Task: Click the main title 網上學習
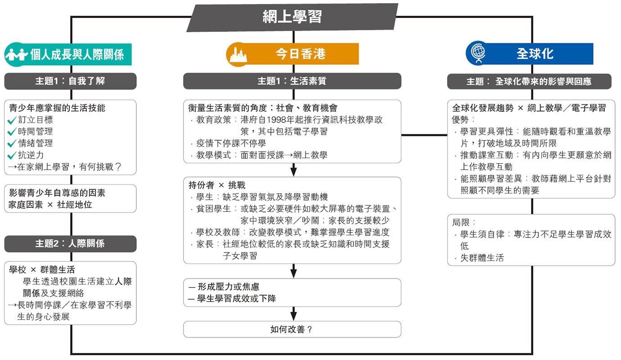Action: pos(292,17)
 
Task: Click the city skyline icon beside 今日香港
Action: pos(238,54)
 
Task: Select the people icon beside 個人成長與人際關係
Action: pos(17,54)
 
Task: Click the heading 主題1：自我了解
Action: pos(70,81)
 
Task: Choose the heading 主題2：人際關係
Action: pos(70,243)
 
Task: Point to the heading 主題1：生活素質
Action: pos(292,81)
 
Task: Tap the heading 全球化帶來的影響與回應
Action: pos(544,81)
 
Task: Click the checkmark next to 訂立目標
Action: pos(12,120)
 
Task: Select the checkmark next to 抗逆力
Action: pos(12,155)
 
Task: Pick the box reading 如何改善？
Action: pos(292,329)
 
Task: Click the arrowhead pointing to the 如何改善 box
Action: pos(293,316)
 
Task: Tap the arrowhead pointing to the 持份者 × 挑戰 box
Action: pos(293,172)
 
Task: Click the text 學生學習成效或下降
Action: pos(237,298)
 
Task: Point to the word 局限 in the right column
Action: pos(460,222)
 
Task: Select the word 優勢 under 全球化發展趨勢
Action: pos(460,120)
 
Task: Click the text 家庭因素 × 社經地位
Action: pos(50,205)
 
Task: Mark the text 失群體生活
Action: pos(482,258)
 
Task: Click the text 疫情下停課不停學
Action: pos(231,143)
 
